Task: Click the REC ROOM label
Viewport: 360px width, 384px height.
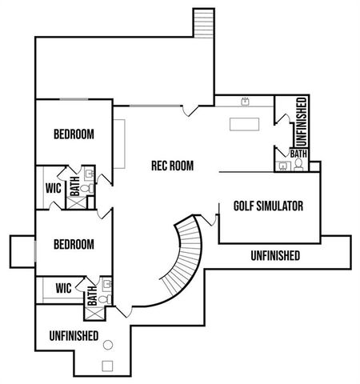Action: (x=172, y=166)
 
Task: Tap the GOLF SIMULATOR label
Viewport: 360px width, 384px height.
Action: (x=268, y=206)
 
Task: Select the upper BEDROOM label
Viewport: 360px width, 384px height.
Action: (x=74, y=134)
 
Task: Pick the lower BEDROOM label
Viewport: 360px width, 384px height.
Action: (x=74, y=245)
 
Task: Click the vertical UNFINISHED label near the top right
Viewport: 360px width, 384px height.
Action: (x=302, y=122)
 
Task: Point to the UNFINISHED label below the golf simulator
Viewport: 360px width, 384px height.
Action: (x=275, y=256)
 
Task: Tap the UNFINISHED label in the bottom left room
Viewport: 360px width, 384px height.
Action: (x=74, y=336)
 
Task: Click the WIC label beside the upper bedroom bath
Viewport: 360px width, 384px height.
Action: (x=54, y=188)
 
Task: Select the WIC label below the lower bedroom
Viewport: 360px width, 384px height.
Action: (x=63, y=288)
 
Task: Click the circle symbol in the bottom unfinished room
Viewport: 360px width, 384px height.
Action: (x=108, y=345)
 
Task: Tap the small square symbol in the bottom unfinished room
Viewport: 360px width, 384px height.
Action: (x=107, y=366)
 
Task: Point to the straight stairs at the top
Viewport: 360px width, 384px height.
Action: (x=204, y=23)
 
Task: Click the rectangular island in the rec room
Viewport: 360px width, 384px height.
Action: (x=244, y=124)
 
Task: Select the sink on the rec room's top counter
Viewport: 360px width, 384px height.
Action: (x=245, y=102)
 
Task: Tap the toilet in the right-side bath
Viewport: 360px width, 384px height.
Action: (x=298, y=165)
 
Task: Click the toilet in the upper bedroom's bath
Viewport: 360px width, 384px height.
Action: (x=86, y=188)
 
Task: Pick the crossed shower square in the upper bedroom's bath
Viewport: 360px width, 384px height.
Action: (x=77, y=203)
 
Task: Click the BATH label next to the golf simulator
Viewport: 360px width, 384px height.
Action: (x=298, y=154)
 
